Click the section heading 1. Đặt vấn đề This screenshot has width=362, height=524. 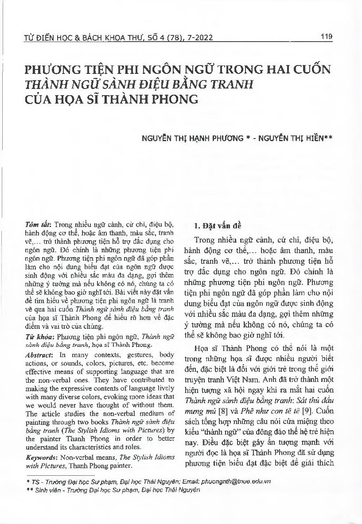(218, 225)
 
